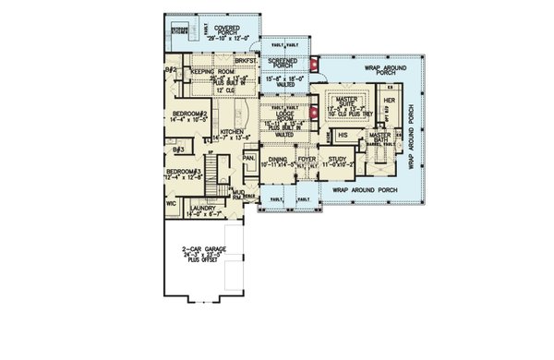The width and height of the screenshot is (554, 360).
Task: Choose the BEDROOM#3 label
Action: [x=183, y=172]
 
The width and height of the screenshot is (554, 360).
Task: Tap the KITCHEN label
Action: [x=233, y=133]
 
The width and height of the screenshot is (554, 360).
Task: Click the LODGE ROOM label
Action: [x=279, y=116]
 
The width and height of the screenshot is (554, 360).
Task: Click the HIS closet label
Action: [x=343, y=135]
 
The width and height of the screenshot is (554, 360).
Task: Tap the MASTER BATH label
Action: [x=381, y=135]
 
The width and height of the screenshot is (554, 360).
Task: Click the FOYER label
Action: [x=308, y=160]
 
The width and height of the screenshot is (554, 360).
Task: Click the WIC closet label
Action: [x=171, y=204]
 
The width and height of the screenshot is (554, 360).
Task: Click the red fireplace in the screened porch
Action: [x=313, y=65]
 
